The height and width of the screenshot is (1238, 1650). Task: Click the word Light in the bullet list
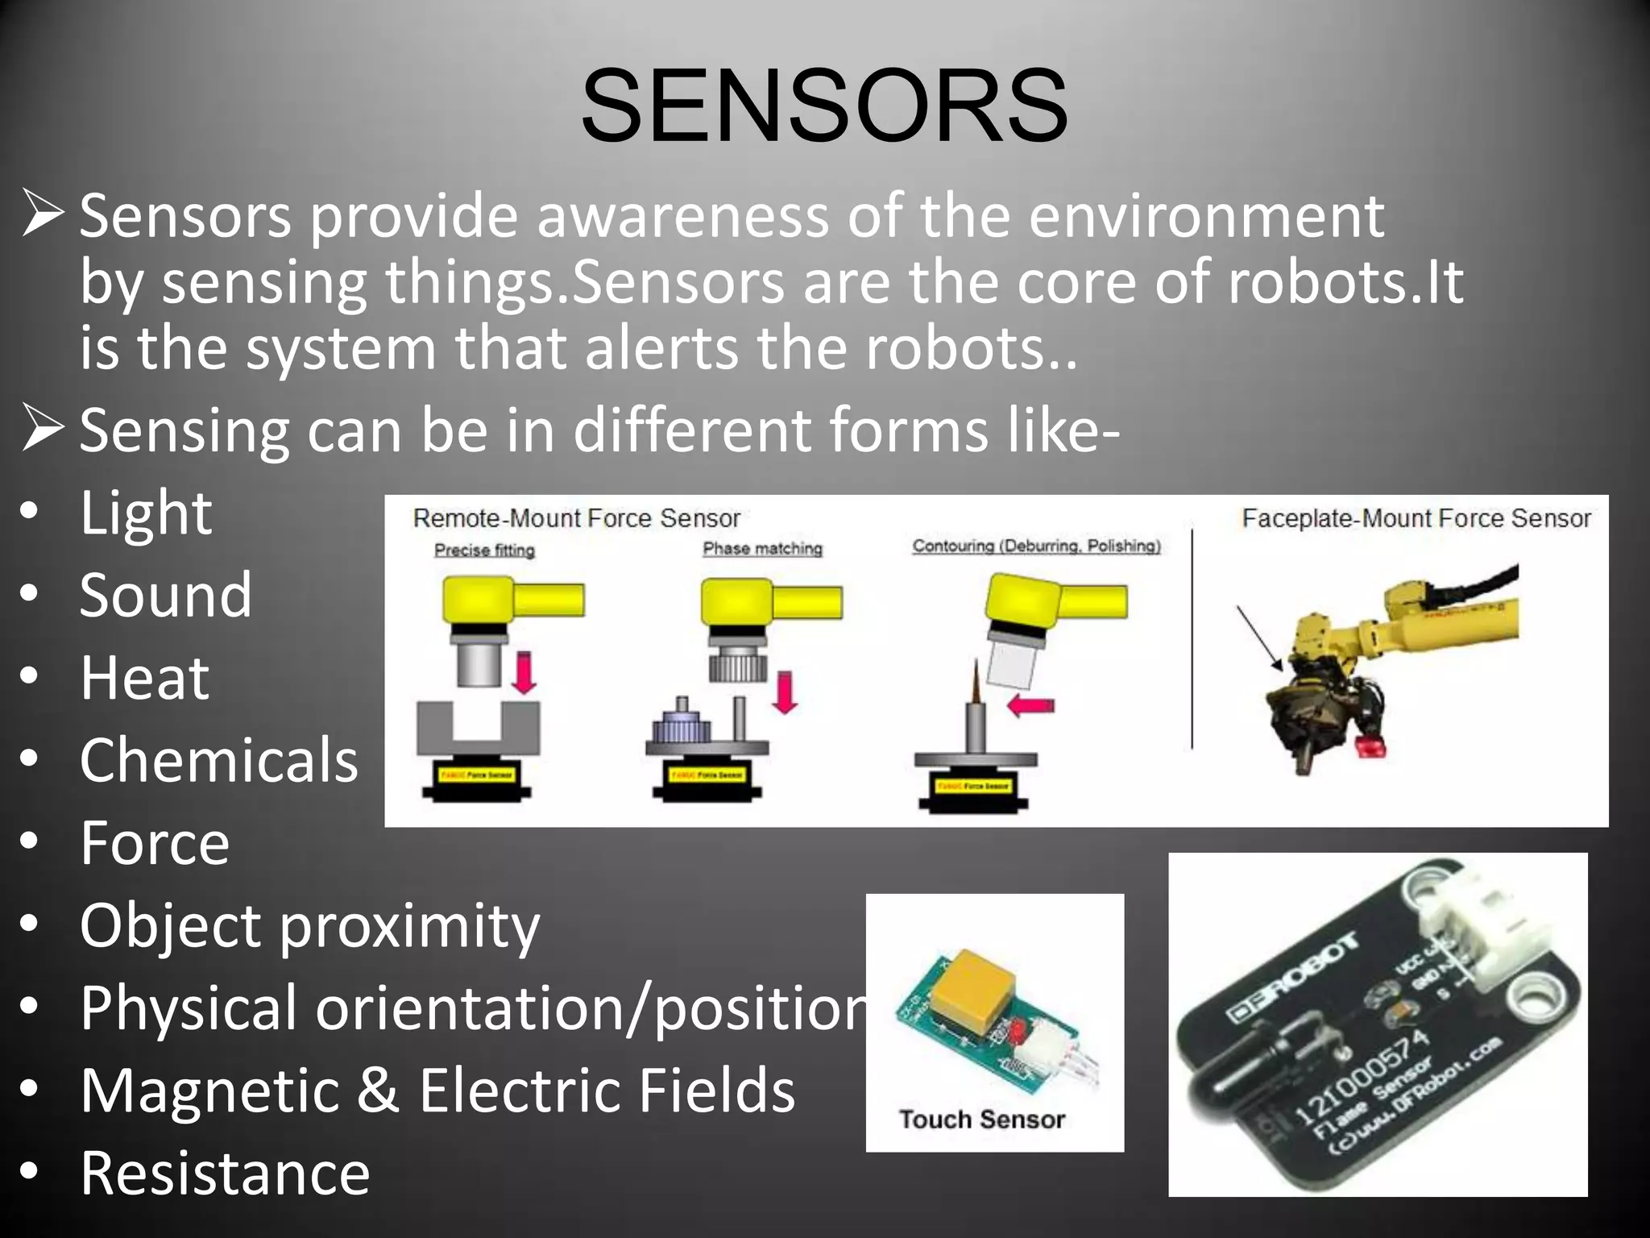(x=146, y=513)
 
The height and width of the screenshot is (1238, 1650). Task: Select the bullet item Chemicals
(x=218, y=760)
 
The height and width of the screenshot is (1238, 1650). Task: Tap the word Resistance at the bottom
(x=225, y=1173)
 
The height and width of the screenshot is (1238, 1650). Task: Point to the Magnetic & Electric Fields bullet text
(x=437, y=1090)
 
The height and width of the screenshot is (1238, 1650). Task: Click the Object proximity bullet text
(x=309, y=925)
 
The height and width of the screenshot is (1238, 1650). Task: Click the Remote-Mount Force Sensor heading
(x=576, y=518)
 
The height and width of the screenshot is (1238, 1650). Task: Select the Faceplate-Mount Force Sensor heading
(x=1416, y=518)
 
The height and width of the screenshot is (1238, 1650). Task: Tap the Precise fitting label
(x=484, y=550)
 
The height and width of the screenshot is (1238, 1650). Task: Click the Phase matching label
(x=762, y=549)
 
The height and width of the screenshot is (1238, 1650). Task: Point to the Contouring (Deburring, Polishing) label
(x=1036, y=546)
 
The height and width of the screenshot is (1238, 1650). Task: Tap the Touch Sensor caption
(x=981, y=1120)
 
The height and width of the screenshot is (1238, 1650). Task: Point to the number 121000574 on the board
(x=1361, y=1078)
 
